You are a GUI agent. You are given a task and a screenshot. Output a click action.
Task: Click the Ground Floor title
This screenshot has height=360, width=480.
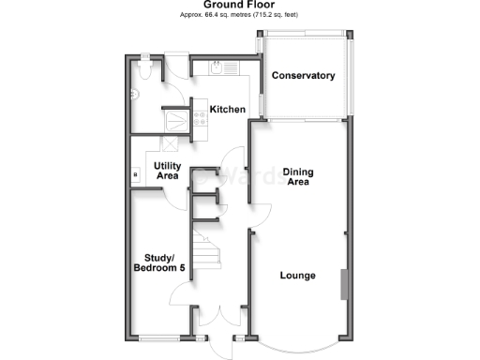[240, 5]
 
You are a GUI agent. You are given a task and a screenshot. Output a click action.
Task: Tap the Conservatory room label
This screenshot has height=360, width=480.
[303, 75]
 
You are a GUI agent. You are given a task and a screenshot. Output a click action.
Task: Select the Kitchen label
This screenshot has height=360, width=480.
[227, 110]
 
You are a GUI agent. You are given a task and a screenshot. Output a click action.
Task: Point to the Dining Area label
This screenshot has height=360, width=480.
[298, 177]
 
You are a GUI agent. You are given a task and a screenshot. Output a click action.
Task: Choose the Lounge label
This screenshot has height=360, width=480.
[296, 276]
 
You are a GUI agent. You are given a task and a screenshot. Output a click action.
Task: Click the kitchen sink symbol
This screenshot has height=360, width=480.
[218, 67]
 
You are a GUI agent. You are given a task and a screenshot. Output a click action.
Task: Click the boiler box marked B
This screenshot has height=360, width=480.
[137, 174]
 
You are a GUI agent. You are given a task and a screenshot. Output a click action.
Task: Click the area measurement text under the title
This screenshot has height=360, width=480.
[240, 16]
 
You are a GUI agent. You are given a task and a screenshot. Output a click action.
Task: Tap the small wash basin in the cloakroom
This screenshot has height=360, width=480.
[135, 93]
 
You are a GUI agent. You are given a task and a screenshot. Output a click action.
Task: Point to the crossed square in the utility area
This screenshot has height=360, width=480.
[171, 143]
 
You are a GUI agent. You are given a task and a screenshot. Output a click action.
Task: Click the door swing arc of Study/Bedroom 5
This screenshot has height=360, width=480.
[179, 297]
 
